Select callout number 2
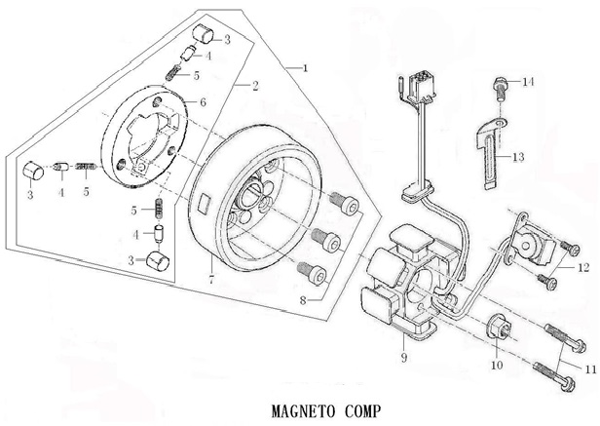[255, 87]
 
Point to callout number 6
[203, 101]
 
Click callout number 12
[584, 266]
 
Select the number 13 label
[518, 157]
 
